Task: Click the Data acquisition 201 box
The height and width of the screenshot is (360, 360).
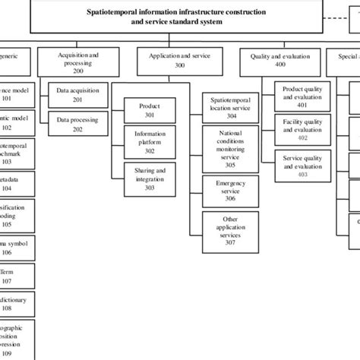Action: pyautogui.click(x=77, y=95)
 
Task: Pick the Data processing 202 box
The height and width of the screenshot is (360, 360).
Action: pyautogui.click(x=77, y=123)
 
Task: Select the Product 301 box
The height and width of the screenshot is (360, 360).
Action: pyautogui.click(x=150, y=110)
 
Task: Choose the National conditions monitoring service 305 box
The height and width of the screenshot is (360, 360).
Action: pyautogui.click(x=230, y=148)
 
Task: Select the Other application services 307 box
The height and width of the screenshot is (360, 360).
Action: pyautogui.click(x=230, y=230)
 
